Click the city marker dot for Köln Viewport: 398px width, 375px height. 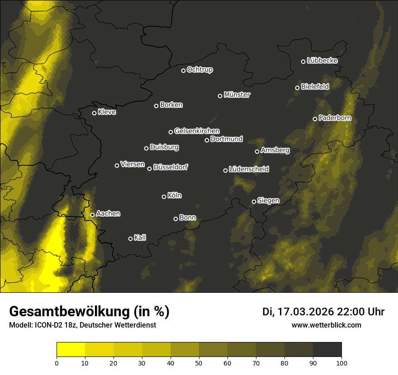pyautogui.click(x=164, y=197)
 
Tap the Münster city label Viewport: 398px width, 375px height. pyautogui.click(x=237, y=95)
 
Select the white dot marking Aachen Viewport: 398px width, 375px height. pyautogui.click(x=92, y=215)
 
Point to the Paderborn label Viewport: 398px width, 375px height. pyautogui.click(x=335, y=118)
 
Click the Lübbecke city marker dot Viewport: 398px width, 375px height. pyautogui.click(x=303, y=61)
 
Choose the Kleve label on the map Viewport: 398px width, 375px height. pyautogui.click(x=107, y=112)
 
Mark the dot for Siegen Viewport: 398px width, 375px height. pyautogui.click(x=254, y=202)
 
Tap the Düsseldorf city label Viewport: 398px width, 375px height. pyautogui.click(x=171, y=167)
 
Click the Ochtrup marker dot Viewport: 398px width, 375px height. pyautogui.click(x=183, y=70)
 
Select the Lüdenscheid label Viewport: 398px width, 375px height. pyautogui.click(x=249, y=169)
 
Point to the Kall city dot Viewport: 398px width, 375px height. pyautogui.click(x=130, y=239)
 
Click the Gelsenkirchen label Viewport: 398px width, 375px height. pyautogui.click(x=197, y=131)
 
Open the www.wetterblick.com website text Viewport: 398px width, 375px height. pyautogui.click(x=327, y=325)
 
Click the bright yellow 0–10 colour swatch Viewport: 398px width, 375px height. pyautogui.click(x=71, y=349)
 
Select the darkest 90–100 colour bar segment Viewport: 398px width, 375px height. pyautogui.click(x=327, y=349)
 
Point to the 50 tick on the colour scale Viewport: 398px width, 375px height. pyautogui.click(x=199, y=362)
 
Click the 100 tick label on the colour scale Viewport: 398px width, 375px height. pyautogui.click(x=341, y=362)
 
